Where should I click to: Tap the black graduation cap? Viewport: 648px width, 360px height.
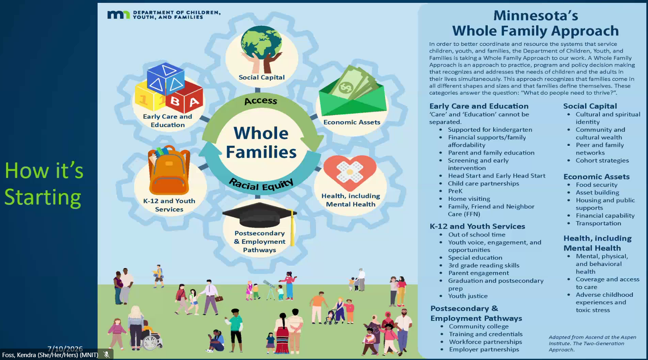(x=260, y=216)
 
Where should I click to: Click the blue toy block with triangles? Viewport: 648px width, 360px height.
(x=166, y=79)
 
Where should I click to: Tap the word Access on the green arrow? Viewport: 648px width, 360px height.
(x=261, y=101)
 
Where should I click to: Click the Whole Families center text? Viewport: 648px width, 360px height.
(x=261, y=142)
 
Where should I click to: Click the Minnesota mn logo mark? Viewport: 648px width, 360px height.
(x=118, y=15)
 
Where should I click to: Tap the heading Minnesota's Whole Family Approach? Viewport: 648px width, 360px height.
(x=535, y=23)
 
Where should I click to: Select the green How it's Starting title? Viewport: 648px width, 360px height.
(x=44, y=184)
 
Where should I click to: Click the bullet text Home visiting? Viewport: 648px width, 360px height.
(x=469, y=199)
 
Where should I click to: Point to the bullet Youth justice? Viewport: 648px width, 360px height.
(x=468, y=296)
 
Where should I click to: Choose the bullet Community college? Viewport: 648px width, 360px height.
(x=479, y=326)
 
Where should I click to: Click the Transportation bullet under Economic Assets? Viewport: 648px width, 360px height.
(x=598, y=223)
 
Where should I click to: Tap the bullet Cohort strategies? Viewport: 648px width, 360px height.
(x=602, y=160)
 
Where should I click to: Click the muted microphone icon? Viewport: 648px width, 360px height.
(x=107, y=355)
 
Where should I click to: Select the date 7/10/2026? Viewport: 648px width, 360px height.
(x=65, y=349)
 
